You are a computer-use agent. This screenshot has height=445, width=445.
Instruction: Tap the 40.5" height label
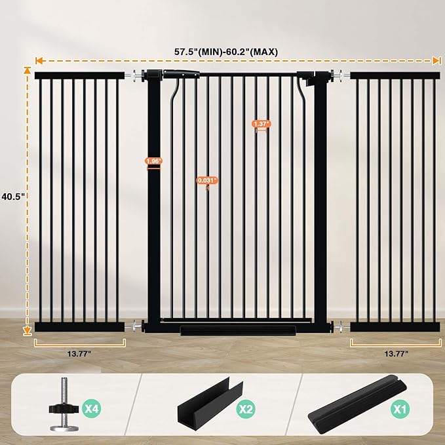[x=12, y=196]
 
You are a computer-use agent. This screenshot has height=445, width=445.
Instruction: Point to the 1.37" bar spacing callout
[x=261, y=123]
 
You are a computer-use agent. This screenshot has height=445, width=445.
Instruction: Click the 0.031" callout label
[x=207, y=180]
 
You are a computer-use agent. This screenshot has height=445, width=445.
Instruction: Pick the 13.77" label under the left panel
[x=79, y=353]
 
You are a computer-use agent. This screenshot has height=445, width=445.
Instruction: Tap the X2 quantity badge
[x=245, y=410]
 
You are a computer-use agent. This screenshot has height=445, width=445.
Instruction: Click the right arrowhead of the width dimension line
[x=436, y=60]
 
